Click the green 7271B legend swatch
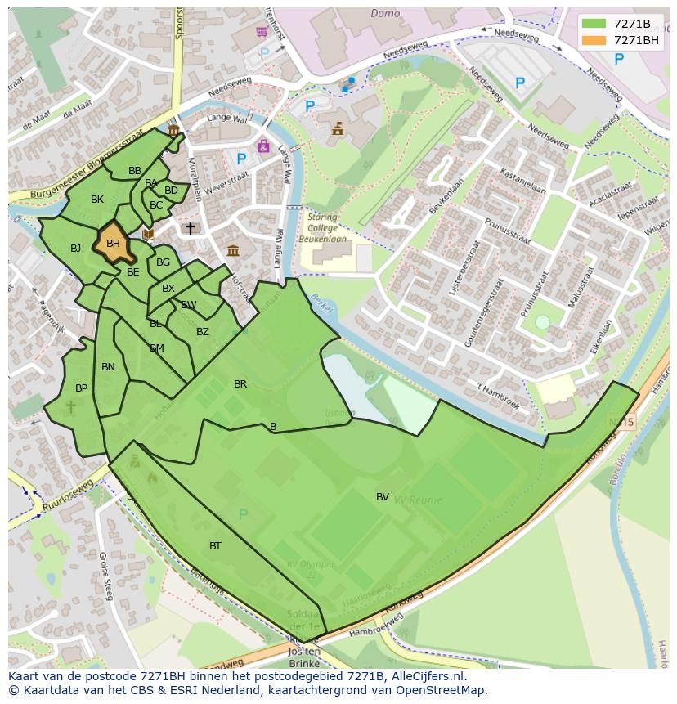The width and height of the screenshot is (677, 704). (x=594, y=24)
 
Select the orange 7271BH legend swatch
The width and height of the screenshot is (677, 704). (x=594, y=40)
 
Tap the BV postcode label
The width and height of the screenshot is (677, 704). (x=383, y=496)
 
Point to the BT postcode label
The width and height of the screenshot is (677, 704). (x=215, y=545)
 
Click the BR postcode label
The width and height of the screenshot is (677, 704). (x=240, y=383)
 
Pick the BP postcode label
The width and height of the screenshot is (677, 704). (x=81, y=388)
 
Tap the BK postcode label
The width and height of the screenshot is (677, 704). (x=97, y=200)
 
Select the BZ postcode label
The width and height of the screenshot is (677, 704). (x=203, y=331)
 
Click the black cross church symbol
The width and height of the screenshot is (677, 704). (x=191, y=228)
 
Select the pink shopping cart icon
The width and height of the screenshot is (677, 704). (x=262, y=32)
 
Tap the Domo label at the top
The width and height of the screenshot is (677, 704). (x=385, y=13)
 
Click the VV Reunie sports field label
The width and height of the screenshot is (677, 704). (x=418, y=499)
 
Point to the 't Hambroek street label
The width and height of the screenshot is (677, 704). (x=496, y=392)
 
